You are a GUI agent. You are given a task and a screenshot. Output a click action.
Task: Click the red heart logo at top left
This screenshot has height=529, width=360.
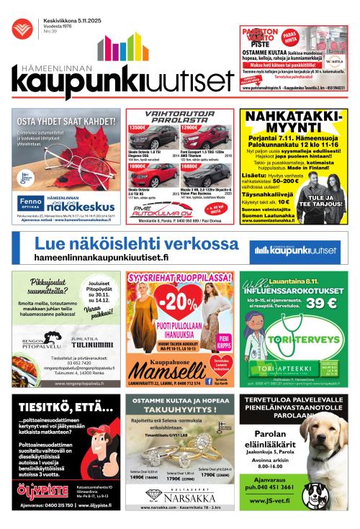coord(21,28)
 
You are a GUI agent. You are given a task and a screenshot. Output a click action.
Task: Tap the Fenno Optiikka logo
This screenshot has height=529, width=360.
coord(30,202)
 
